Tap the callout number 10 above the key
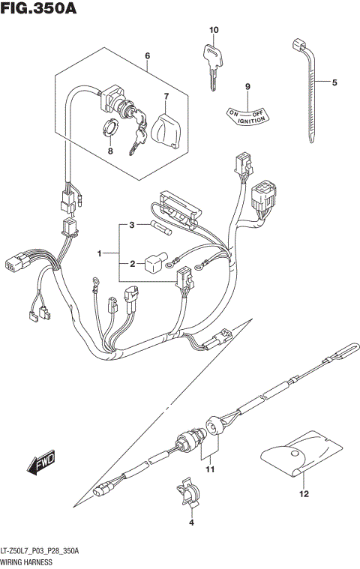point(213,30)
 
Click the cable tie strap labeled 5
point(310,90)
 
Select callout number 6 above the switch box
point(148,56)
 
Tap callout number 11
point(211,470)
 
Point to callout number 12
point(304,494)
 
